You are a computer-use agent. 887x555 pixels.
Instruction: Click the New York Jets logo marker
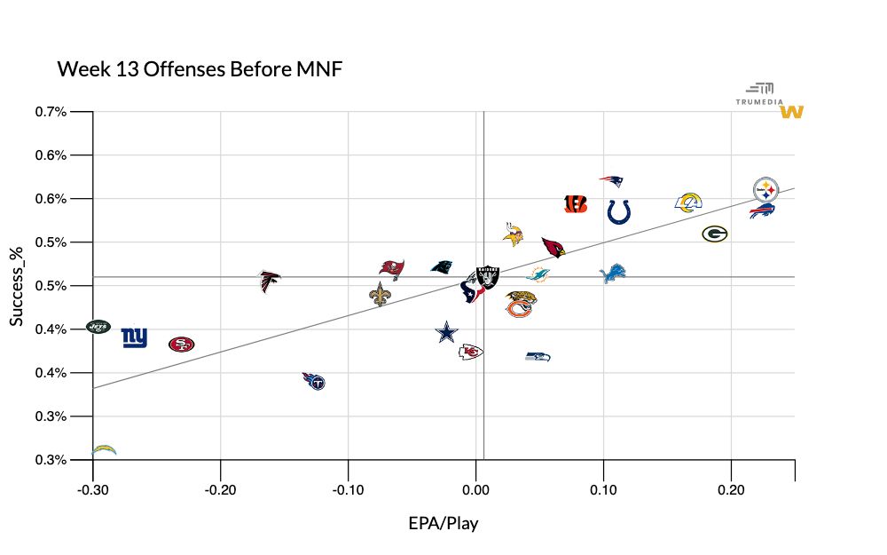point(98,327)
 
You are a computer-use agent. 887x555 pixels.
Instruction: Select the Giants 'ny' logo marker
point(134,337)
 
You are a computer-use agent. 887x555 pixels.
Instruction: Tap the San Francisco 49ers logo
point(181,344)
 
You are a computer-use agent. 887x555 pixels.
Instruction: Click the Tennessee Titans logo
point(314,382)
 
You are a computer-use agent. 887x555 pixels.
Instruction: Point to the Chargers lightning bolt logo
point(104,449)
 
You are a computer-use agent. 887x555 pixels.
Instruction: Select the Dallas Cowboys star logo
point(448,333)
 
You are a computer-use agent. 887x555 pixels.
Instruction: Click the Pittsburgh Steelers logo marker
point(765,189)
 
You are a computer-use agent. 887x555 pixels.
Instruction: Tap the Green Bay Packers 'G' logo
point(715,234)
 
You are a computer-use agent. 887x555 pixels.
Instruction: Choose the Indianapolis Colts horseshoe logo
point(619,211)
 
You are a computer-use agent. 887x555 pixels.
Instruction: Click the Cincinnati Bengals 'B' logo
point(576,204)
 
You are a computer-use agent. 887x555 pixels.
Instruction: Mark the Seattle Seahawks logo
point(538,356)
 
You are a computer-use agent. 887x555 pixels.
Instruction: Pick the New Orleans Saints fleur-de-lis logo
point(380,295)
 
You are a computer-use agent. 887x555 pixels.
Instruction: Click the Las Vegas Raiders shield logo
point(488,276)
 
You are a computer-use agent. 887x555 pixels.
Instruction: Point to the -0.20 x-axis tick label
point(220,489)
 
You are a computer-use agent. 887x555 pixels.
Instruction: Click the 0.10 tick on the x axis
point(603,489)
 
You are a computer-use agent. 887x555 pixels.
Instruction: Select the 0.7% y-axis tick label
point(51,112)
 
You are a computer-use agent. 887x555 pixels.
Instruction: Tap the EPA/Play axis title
point(443,523)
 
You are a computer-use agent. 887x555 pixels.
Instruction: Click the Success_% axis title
point(17,286)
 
